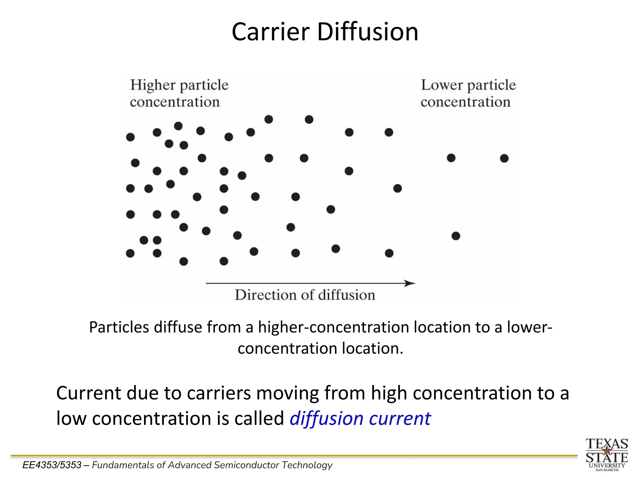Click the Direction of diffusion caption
305,295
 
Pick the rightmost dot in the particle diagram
504,158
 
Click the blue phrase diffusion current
360,419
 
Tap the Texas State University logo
607,454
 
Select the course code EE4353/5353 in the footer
52,465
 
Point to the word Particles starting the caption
119,327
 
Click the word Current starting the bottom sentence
89,393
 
